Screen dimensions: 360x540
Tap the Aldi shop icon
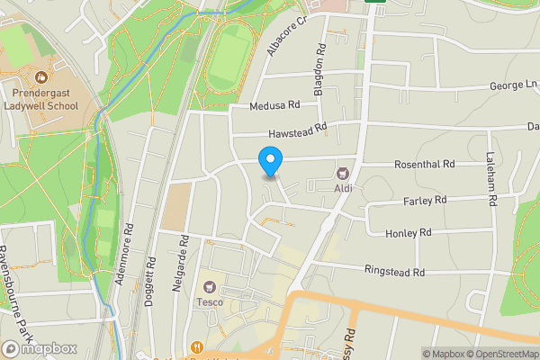point(342,173)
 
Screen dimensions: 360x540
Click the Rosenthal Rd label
point(425,165)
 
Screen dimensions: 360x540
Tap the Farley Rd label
point(426,200)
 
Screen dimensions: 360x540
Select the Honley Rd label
point(409,232)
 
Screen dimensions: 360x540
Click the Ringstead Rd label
point(394,270)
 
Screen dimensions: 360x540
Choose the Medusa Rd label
point(275,105)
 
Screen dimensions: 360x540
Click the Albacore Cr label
point(287,35)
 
